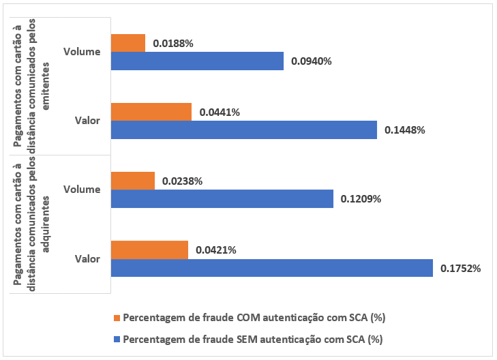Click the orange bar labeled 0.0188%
point(127,43)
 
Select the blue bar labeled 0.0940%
point(196,61)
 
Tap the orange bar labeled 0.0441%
point(151,112)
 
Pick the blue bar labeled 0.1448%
point(243,130)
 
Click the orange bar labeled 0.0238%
point(132,181)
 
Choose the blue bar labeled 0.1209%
point(222,198)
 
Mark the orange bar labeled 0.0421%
point(149,250)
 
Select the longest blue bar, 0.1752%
point(271,267)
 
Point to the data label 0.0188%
point(172,43)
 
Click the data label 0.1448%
point(405,130)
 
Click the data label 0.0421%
point(215,250)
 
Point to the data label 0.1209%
point(361,199)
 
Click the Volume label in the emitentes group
point(81,51)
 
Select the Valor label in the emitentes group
point(88,121)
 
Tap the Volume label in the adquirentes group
point(81,190)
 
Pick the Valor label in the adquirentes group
point(88,259)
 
